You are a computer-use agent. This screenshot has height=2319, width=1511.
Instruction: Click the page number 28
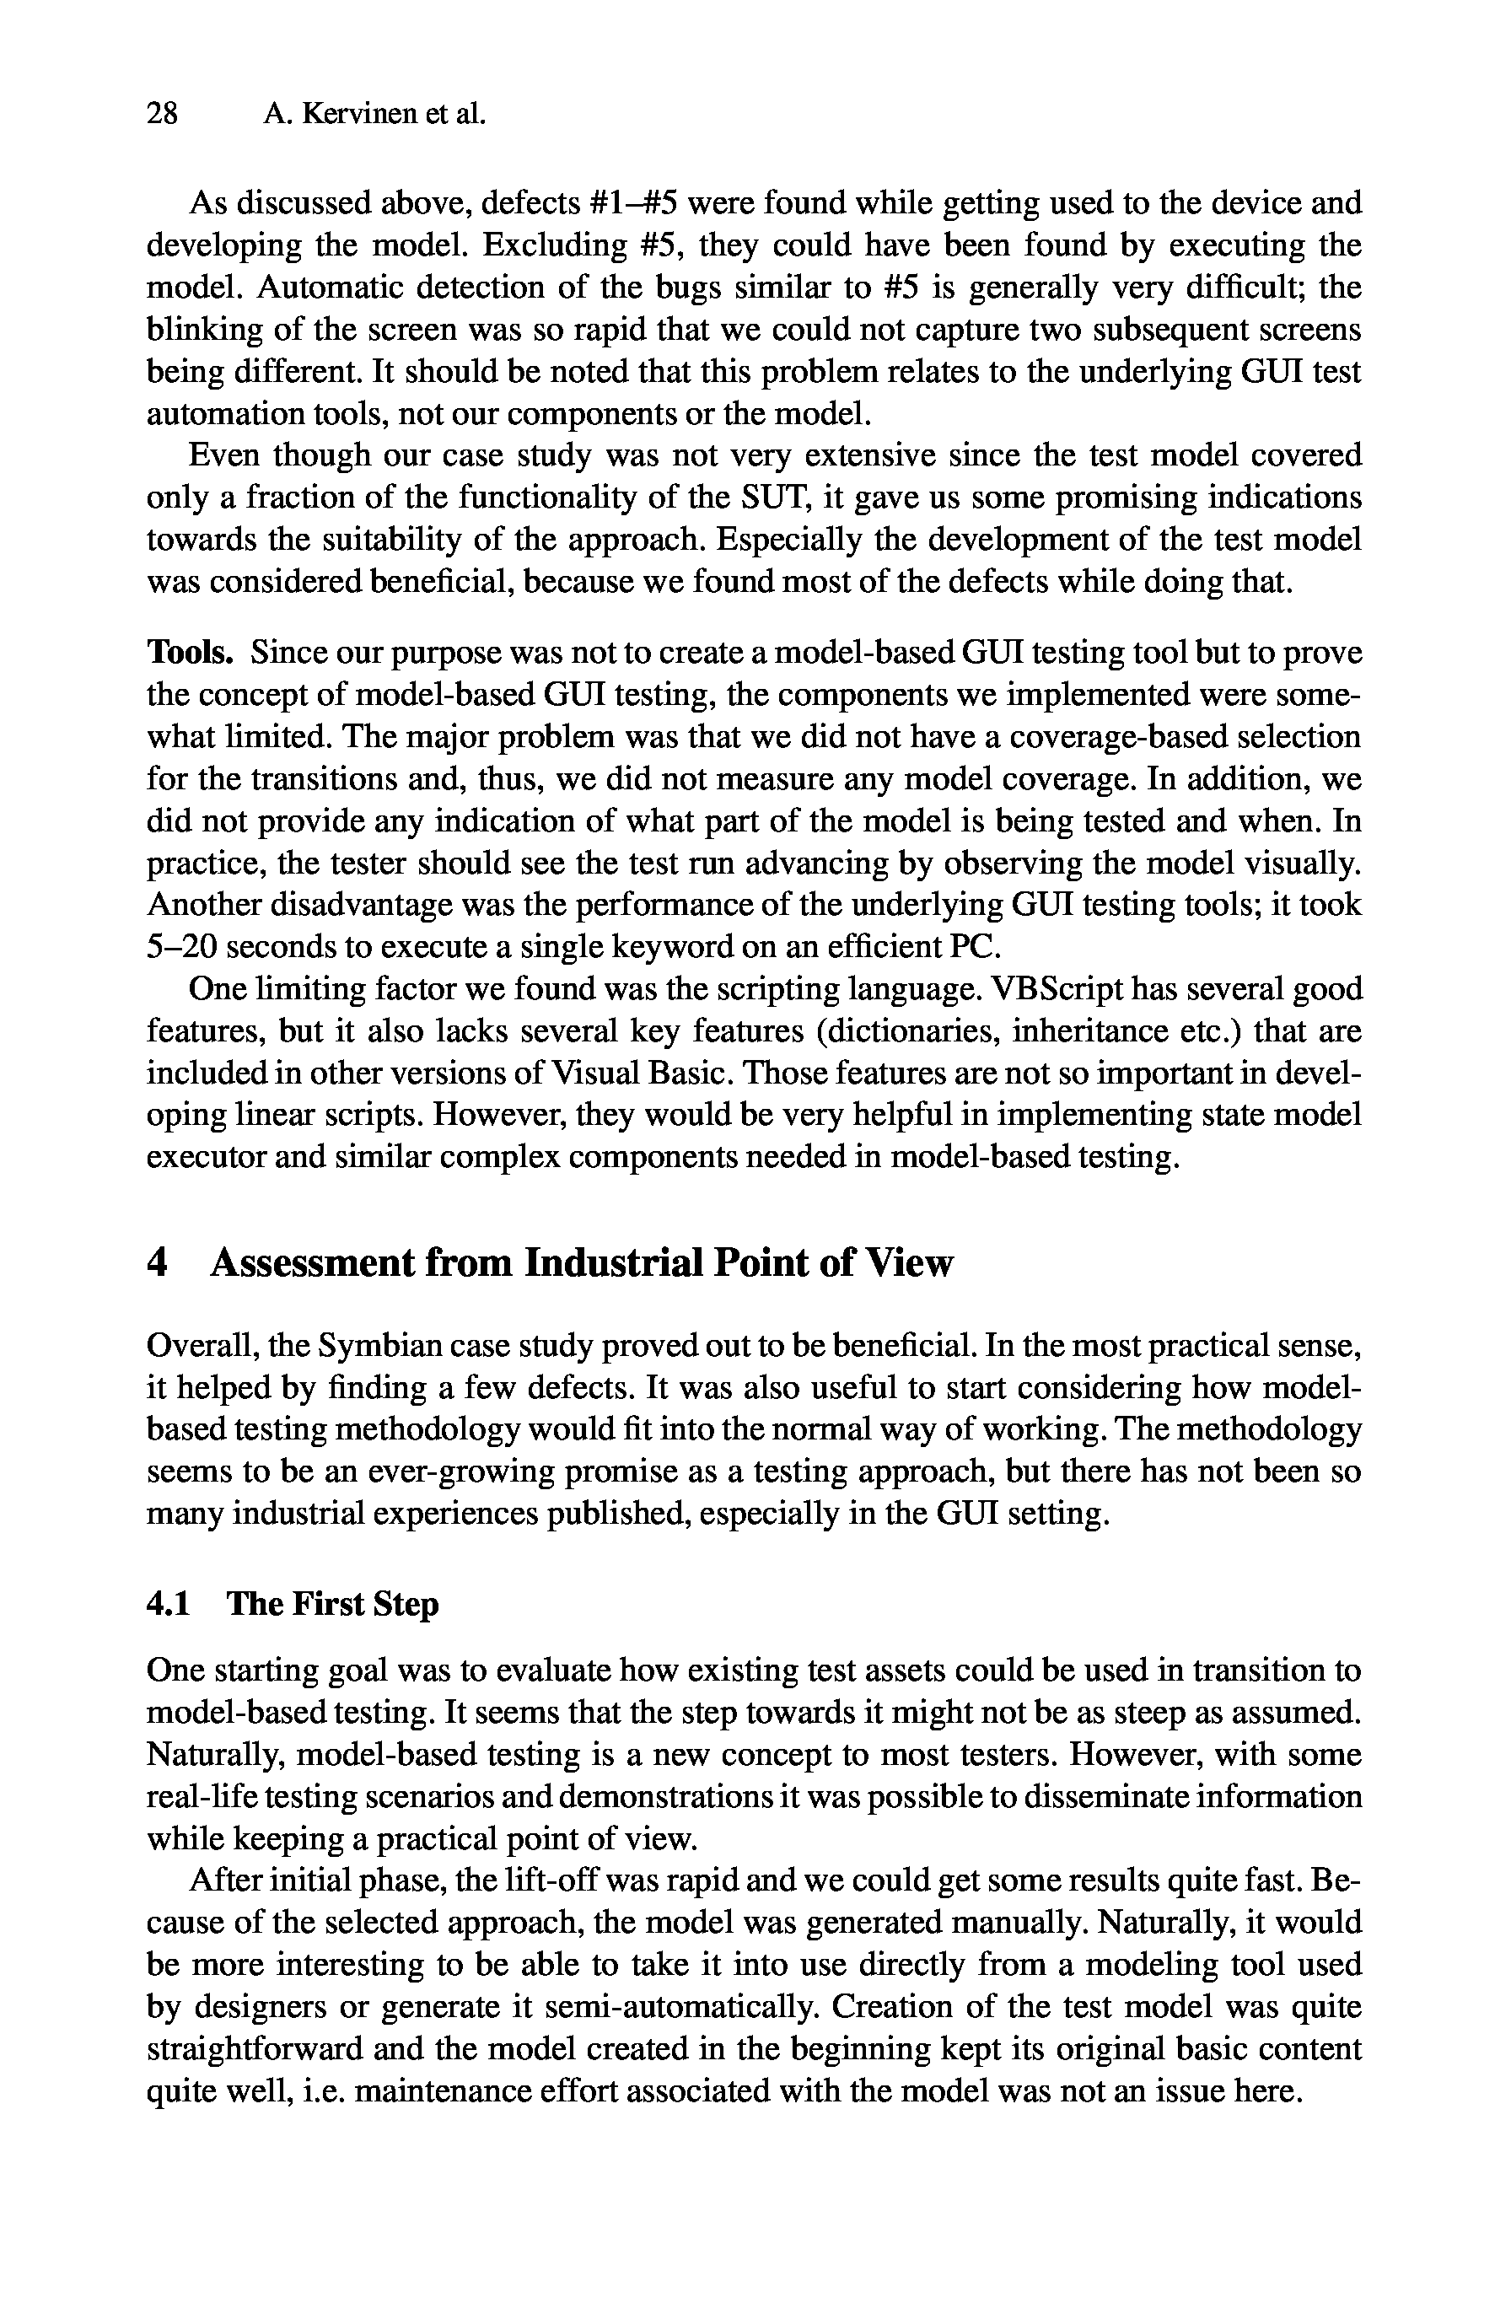pyautogui.click(x=162, y=115)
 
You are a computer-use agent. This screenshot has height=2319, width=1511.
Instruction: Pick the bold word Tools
pyautogui.click(x=190, y=652)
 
